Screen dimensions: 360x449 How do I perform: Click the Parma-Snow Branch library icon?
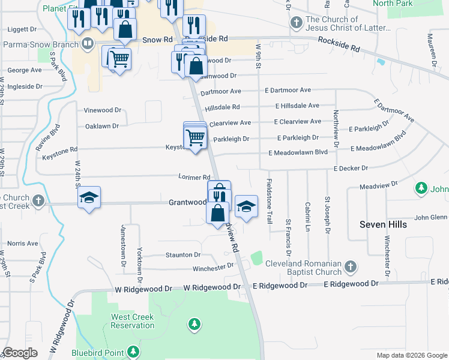(88, 43)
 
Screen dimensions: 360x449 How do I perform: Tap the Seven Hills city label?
(383, 224)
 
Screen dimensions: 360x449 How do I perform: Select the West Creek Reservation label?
(133, 321)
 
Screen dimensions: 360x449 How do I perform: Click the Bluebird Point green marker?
(133, 352)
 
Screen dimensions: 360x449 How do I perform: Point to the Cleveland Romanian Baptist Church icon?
(351, 265)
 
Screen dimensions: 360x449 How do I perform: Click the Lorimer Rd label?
(194, 177)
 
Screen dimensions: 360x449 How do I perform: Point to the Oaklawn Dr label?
(102, 126)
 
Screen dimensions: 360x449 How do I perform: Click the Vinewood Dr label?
(102, 110)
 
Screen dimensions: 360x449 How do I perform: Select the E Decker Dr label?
(351, 169)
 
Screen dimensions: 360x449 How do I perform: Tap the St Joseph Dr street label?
(328, 214)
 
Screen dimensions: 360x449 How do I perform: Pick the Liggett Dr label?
(22, 28)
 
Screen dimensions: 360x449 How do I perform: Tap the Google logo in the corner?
(20, 353)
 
